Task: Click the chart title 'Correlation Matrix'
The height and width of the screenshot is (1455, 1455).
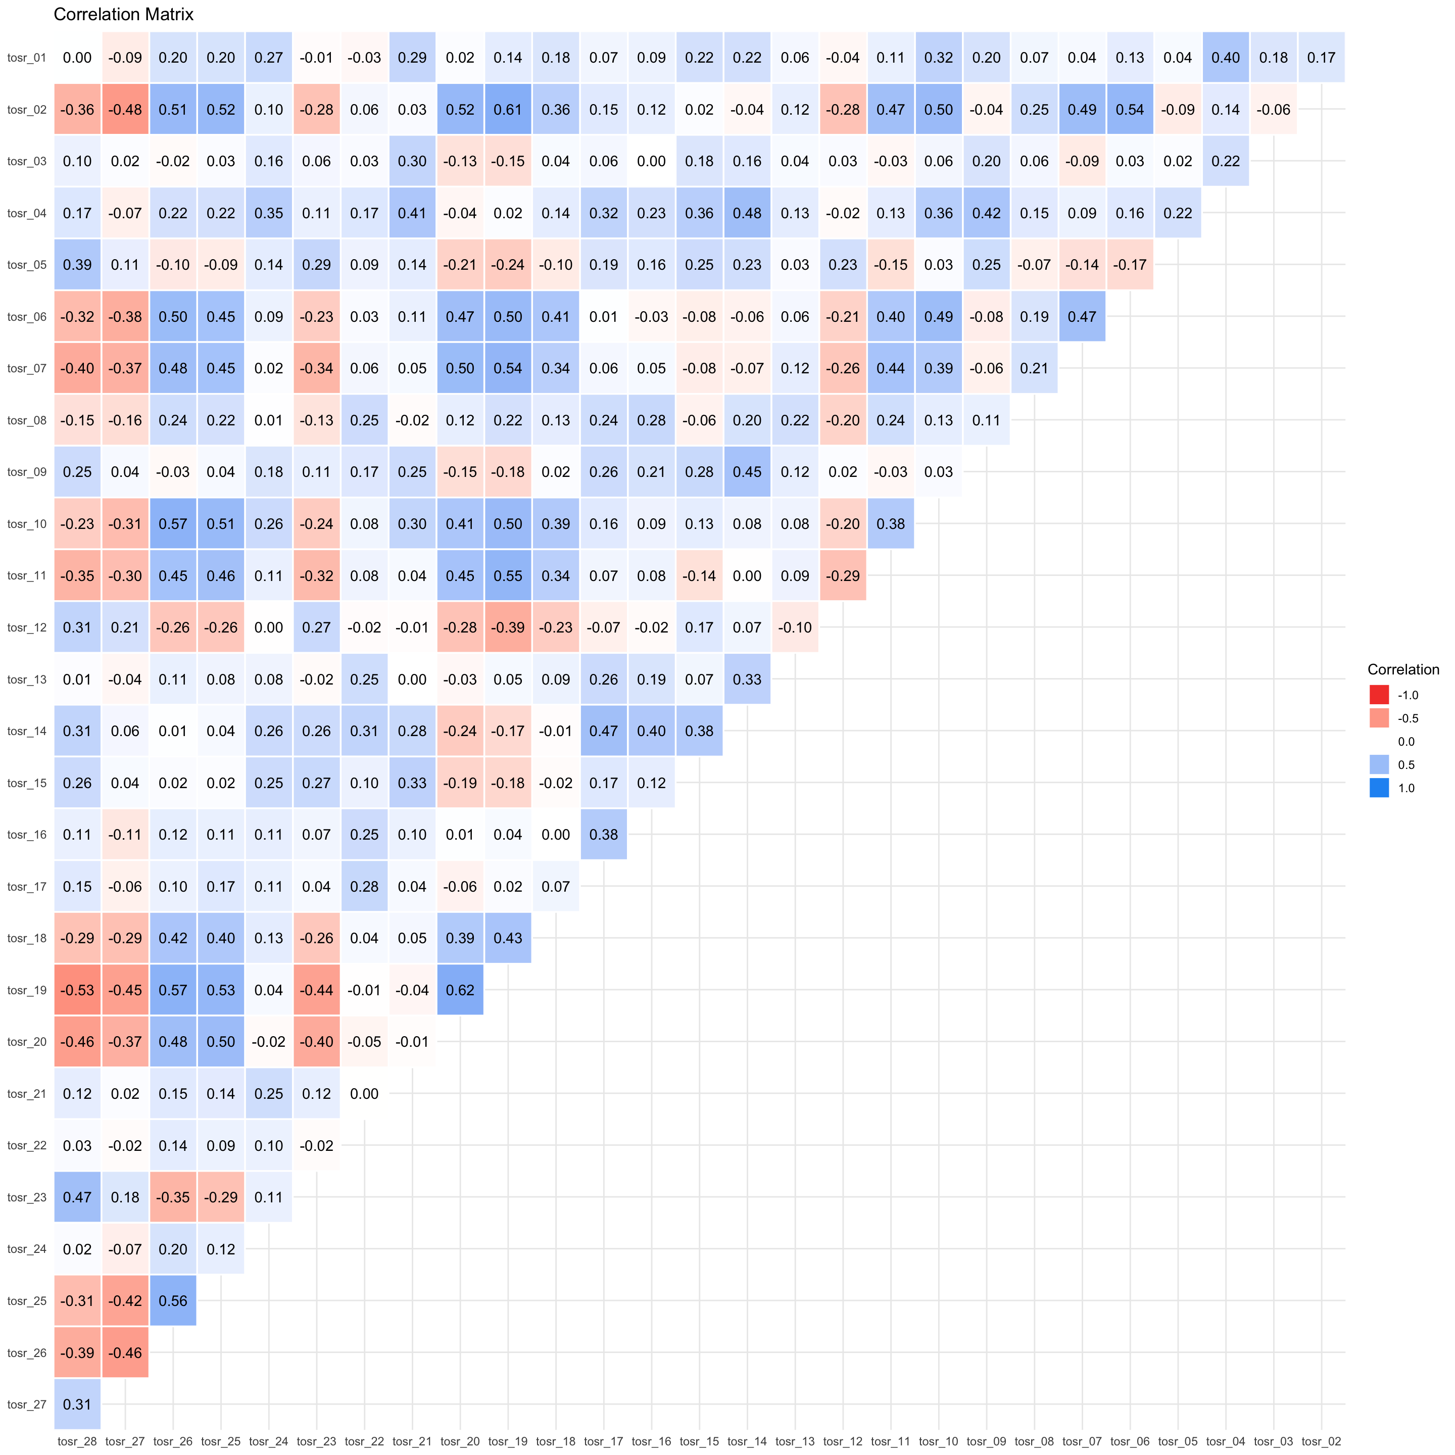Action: click(x=123, y=14)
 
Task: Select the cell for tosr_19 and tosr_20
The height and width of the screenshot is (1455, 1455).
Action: click(x=460, y=990)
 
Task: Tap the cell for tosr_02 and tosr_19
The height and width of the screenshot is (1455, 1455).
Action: click(x=508, y=109)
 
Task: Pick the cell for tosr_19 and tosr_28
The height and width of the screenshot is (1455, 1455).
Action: click(x=78, y=990)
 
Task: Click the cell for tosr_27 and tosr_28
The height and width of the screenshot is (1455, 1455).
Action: click(x=78, y=1404)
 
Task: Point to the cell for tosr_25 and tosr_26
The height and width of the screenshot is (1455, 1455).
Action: click(x=173, y=1300)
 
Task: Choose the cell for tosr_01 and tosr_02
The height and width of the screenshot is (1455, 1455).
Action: click(x=1322, y=57)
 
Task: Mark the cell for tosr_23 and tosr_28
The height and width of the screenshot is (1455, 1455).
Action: click(x=78, y=1197)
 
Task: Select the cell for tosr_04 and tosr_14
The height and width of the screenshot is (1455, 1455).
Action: click(x=747, y=213)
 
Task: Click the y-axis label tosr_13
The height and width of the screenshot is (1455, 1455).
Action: click(x=27, y=680)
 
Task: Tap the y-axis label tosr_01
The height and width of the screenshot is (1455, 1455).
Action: click(x=27, y=57)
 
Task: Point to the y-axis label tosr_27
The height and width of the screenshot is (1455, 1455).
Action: click(x=27, y=1404)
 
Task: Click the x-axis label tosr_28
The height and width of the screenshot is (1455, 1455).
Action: click(x=78, y=1441)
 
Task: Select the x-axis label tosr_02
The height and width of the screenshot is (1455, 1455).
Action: click(x=1322, y=1441)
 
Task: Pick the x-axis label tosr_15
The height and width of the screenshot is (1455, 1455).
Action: click(x=700, y=1441)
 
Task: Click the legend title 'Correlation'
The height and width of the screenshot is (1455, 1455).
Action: click(x=1403, y=669)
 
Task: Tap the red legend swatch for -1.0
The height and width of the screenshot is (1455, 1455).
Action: click(x=1379, y=694)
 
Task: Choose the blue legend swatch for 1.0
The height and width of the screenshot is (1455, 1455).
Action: click(x=1379, y=788)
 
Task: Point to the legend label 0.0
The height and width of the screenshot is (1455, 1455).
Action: click(x=1406, y=742)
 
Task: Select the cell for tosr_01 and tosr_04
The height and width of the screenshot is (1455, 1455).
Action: click(x=1226, y=57)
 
